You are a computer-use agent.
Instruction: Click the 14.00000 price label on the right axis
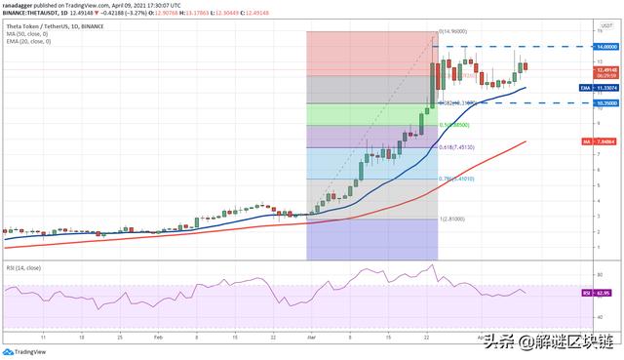tap(608, 46)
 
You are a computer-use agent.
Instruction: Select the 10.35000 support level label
tap(608, 101)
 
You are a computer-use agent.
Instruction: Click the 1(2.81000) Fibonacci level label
tap(452, 220)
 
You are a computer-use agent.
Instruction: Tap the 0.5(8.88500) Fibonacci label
tap(454, 125)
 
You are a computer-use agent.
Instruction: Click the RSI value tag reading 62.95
tap(608, 292)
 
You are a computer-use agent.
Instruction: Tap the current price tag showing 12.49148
tap(608, 69)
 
